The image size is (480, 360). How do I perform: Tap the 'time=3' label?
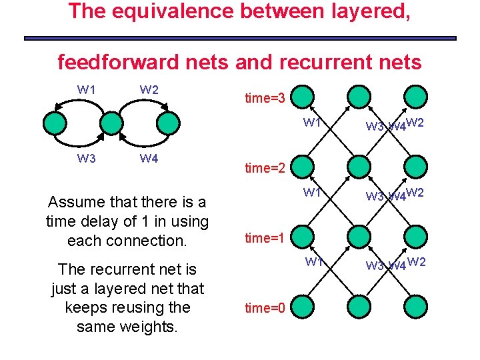[x=265, y=99]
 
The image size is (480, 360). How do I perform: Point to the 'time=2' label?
[x=265, y=168]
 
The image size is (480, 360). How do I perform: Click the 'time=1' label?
[x=265, y=237]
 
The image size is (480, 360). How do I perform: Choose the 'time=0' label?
[x=265, y=307]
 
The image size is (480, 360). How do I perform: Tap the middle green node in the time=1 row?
[x=359, y=237]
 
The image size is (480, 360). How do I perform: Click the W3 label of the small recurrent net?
[x=87, y=159]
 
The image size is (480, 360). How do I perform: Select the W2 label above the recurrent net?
[x=149, y=89]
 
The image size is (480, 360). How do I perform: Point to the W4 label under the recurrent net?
[x=149, y=159]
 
